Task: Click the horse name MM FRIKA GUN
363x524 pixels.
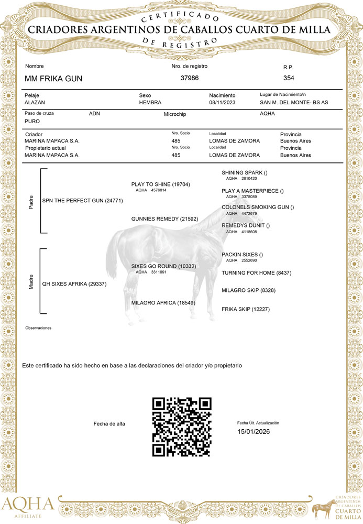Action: click(x=53, y=79)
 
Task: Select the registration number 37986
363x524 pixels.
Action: click(x=189, y=78)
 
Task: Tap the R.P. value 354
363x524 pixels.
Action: click(x=289, y=78)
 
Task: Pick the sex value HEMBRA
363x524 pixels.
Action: click(x=150, y=102)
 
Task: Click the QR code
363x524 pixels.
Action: click(x=182, y=426)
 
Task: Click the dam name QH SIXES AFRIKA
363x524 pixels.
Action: click(x=74, y=284)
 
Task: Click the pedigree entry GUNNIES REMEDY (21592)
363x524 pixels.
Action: click(x=164, y=218)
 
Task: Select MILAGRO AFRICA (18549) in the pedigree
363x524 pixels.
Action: click(x=163, y=303)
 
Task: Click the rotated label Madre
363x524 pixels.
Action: click(x=31, y=284)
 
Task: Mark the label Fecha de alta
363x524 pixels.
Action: click(x=109, y=423)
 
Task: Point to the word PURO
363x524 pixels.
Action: click(x=32, y=121)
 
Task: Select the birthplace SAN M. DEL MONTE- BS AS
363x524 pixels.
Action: click(x=294, y=102)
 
